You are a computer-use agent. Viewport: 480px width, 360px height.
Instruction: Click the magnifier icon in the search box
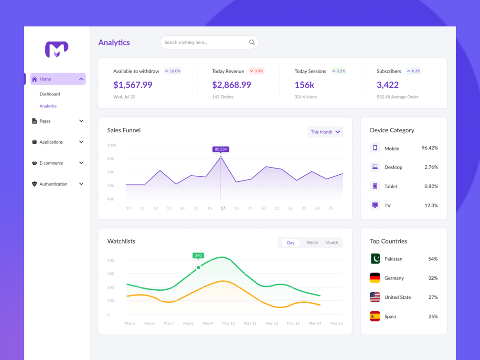252,42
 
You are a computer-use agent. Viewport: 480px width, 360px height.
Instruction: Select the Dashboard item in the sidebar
50,94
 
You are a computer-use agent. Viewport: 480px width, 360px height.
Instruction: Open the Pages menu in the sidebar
45,121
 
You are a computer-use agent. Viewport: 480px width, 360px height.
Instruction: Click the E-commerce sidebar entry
51,163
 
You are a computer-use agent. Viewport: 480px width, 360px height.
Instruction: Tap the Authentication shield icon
34,184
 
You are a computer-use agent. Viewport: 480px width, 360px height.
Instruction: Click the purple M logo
57,49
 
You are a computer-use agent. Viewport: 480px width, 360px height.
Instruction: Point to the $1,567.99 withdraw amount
133,85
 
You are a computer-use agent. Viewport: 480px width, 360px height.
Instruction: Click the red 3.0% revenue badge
256,71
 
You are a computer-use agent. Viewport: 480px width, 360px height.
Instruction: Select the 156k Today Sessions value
304,85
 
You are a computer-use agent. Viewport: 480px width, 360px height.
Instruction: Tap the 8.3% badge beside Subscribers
414,71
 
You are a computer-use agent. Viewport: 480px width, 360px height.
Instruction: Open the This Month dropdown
325,132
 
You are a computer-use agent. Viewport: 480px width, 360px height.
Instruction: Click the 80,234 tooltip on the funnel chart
221,149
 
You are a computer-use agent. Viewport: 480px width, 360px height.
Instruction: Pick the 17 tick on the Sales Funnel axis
223,208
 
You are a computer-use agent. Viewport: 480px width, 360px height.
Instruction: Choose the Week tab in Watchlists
312,243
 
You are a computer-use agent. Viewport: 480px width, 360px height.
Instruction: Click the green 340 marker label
198,255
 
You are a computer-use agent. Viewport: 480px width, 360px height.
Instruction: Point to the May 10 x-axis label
228,323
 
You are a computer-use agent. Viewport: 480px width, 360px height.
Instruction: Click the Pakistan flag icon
375,259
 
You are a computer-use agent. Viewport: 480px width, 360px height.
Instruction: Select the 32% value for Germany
433,278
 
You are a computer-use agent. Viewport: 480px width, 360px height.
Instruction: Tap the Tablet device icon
375,186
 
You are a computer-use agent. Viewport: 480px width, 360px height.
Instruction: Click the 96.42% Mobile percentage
429,148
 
